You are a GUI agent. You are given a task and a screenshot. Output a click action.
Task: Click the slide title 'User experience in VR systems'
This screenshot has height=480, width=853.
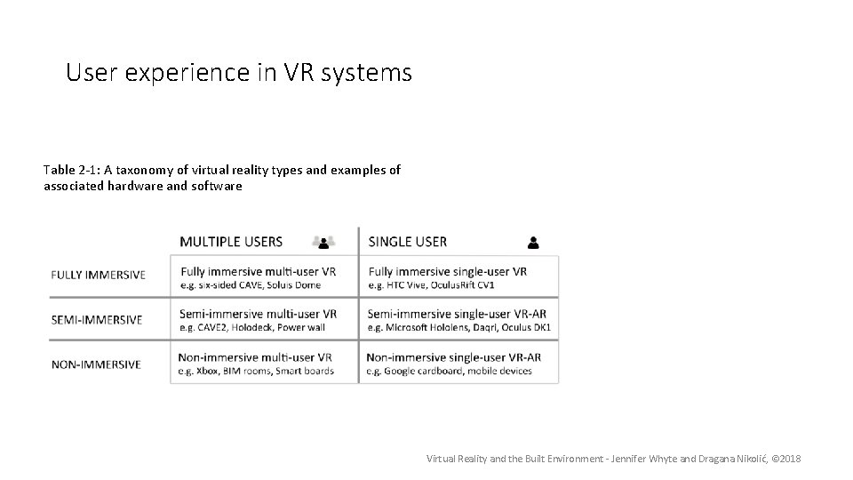(x=239, y=72)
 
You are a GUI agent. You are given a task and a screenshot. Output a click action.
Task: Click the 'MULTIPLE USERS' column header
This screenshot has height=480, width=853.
(x=231, y=241)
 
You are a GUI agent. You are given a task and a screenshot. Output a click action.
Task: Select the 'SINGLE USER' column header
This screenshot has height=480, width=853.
(x=407, y=241)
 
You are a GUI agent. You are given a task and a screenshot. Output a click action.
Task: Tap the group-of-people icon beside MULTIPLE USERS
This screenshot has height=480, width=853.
(x=324, y=241)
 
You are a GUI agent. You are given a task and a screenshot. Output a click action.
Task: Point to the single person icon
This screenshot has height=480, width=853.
(x=533, y=241)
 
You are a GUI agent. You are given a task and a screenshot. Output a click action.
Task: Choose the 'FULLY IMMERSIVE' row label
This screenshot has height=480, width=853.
(x=98, y=275)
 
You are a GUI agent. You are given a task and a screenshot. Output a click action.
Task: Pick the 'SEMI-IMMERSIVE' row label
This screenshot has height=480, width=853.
(x=97, y=320)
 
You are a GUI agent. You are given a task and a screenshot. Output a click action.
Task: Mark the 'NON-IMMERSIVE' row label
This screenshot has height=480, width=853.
(x=96, y=364)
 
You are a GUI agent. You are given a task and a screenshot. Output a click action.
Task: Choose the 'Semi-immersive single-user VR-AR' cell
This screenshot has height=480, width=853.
(x=458, y=320)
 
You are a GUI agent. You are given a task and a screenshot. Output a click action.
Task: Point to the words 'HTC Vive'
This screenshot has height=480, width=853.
(x=410, y=284)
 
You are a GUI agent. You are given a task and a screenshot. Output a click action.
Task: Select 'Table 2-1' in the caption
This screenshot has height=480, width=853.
(x=66, y=169)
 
